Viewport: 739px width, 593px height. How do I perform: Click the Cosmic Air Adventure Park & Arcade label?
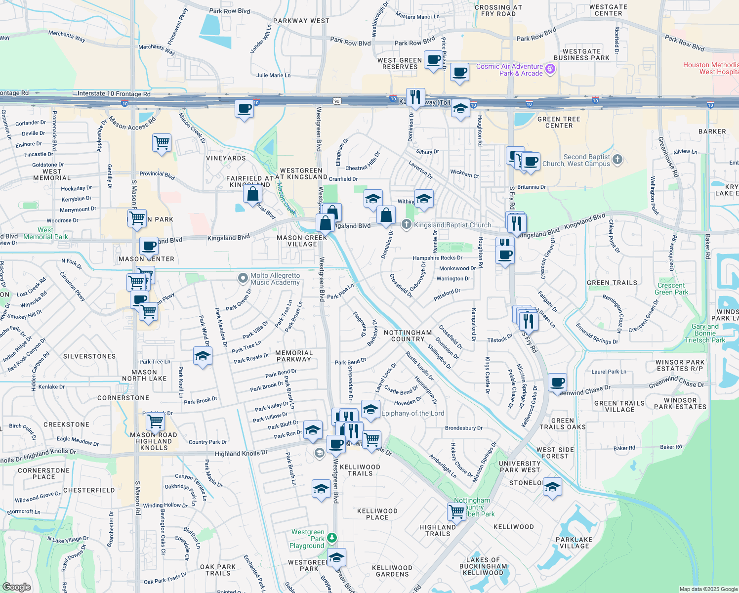[509, 70]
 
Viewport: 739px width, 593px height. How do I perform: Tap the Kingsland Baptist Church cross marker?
[406, 225]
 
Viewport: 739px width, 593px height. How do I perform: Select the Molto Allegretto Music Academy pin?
[243, 278]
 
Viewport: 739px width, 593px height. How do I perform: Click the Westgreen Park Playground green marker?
[332, 538]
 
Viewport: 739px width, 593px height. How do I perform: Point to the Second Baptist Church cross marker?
[617, 160]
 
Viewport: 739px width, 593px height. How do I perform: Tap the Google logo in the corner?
[16, 587]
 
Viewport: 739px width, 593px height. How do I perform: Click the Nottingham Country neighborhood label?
[408, 336]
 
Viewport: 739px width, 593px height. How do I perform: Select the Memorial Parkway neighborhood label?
[294, 356]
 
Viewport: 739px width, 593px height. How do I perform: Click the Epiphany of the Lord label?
[412, 414]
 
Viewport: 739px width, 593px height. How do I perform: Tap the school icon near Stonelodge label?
[552, 486]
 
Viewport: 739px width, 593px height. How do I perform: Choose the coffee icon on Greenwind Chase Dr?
[557, 382]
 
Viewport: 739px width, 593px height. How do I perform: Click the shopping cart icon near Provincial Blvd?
[162, 143]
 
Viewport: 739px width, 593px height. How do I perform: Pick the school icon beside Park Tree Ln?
[203, 356]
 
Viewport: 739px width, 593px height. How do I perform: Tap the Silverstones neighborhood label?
[89, 356]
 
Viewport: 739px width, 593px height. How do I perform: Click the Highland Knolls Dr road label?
[241, 453]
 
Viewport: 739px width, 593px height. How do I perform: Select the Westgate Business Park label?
[581, 54]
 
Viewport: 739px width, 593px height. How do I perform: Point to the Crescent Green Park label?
[671, 289]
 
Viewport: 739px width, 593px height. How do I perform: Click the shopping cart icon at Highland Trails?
[456, 511]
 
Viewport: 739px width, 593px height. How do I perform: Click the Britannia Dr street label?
[532, 187]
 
